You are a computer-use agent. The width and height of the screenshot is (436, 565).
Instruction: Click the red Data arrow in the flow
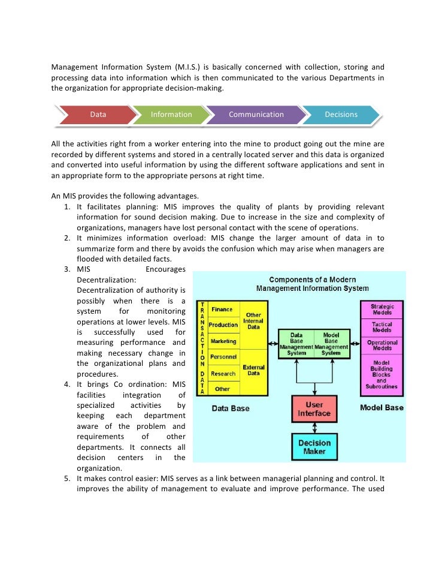[98, 115]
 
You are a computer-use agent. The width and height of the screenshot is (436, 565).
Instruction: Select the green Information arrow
[171, 115]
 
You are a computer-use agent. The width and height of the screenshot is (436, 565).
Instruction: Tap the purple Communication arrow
[256, 115]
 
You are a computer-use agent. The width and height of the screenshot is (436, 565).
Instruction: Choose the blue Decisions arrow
[341, 115]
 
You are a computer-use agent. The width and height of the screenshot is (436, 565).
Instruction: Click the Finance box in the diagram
[222, 309]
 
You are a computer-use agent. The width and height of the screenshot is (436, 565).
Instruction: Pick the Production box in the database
[223, 325]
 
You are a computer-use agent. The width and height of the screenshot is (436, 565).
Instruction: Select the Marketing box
[223, 341]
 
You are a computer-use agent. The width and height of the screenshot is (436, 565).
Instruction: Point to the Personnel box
[223, 357]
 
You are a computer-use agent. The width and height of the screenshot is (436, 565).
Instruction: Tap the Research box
[223, 373]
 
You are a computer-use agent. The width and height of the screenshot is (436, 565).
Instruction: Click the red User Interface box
[314, 410]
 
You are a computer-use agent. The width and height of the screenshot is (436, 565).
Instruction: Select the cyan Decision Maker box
[314, 447]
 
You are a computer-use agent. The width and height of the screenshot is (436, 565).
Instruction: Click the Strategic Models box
[383, 309]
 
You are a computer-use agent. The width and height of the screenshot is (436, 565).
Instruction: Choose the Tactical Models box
[383, 327]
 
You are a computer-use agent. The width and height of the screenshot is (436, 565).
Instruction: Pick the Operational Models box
[383, 345]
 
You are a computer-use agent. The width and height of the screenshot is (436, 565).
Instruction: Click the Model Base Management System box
[331, 344]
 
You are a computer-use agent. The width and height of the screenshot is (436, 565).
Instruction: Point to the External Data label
[253, 369]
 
